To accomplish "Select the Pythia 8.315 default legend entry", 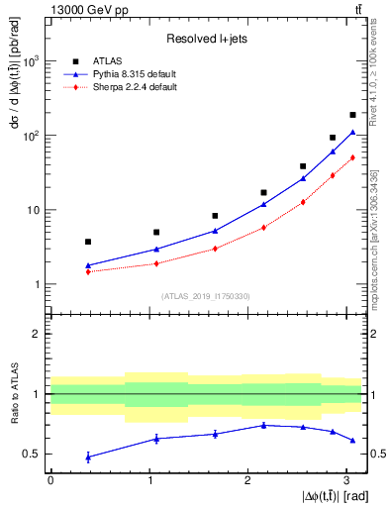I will (124, 74).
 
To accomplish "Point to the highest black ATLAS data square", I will (352, 115).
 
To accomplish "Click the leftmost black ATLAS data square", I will (88, 242).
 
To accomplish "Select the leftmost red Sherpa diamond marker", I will (88, 271).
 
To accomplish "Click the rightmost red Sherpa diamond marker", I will (352, 157).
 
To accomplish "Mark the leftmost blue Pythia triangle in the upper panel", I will (88, 265).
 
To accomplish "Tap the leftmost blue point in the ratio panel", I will (88, 456).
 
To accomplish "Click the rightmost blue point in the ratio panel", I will (352, 440).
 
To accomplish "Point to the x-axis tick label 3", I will (346, 480).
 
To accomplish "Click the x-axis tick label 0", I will (50, 480).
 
